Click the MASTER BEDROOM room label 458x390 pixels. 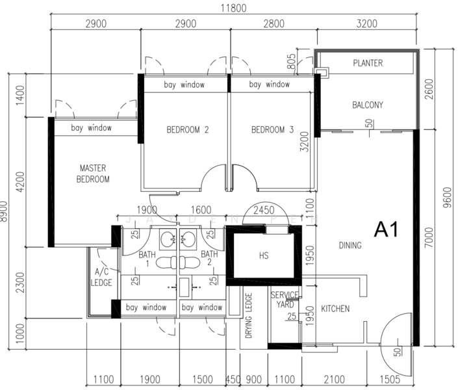93,174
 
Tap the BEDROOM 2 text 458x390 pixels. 187,130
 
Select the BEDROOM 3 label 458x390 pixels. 273,130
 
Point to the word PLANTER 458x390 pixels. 368,64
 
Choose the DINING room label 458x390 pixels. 350,245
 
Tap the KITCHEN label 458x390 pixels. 335,309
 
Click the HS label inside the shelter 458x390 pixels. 263,256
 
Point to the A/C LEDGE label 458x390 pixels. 102,277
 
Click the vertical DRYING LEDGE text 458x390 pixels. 248,317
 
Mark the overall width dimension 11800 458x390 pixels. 236,8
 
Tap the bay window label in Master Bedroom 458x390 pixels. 92,128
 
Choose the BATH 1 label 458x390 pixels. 147,259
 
